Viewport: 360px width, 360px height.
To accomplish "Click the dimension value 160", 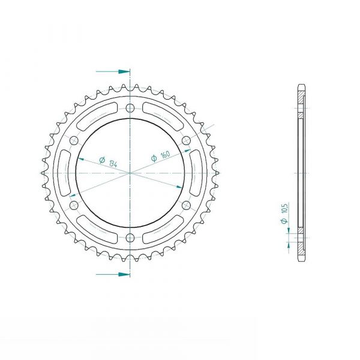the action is (x=166, y=154).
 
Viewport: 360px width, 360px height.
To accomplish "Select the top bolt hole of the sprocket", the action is (x=130, y=107).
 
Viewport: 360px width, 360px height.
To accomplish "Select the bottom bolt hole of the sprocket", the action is (x=130, y=238).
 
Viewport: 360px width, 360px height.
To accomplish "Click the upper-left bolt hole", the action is (x=74, y=140).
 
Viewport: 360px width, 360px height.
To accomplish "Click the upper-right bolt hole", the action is (x=187, y=140).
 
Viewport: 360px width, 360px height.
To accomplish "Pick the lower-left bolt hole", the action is (x=74, y=205).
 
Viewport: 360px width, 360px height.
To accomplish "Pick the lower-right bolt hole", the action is (x=187, y=205).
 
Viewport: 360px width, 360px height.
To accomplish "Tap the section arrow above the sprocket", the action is (x=113, y=71).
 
